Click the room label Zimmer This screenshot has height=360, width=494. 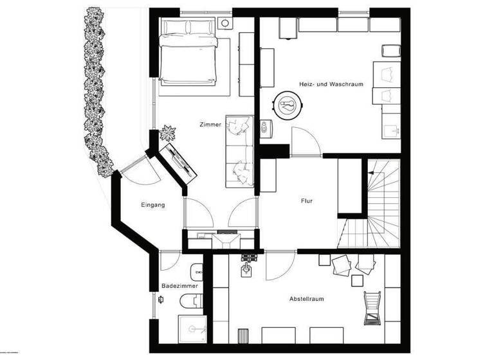tap(210, 126)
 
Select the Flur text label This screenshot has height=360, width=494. tap(307, 201)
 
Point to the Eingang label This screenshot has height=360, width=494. tap(153, 205)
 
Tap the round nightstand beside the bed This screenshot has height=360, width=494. tap(224, 22)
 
